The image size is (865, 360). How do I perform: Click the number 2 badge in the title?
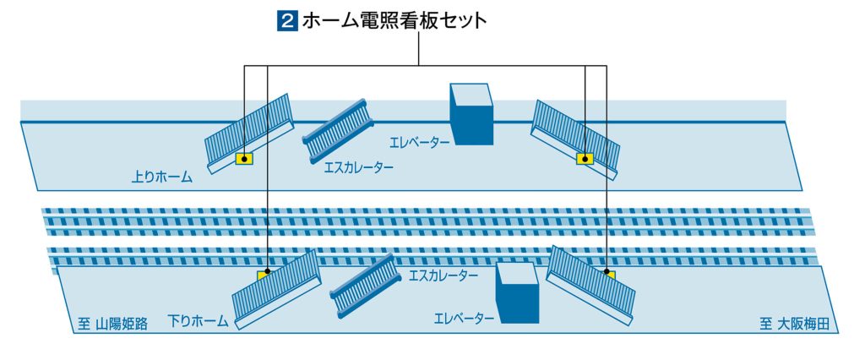(287, 21)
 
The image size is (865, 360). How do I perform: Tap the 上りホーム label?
(161, 177)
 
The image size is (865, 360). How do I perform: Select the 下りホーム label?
(198, 321)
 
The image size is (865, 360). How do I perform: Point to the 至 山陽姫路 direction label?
(112, 324)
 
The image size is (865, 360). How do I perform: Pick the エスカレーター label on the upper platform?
(359, 166)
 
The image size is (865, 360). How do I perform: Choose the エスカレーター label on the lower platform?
(443, 275)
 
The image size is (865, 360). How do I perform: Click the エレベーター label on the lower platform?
(464, 319)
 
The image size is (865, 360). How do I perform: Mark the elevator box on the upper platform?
(471, 114)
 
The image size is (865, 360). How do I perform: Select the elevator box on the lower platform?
(517, 292)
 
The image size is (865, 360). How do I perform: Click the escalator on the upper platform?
(338, 131)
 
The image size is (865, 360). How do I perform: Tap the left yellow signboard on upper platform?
(244, 159)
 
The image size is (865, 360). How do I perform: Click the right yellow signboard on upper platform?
(585, 159)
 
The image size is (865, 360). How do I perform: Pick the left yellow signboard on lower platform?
(264, 275)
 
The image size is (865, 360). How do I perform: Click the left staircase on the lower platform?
(277, 290)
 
